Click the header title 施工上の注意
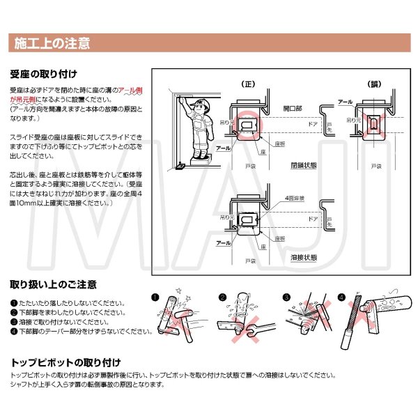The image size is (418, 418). [x=52, y=44]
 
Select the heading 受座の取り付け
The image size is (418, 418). [x=43, y=73]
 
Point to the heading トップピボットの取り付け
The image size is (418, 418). [x=66, y=362]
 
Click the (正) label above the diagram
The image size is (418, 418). [x=247, y=84]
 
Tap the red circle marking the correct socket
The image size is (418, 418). [x=247, y=124]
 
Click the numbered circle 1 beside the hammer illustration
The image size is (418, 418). [x=155, y=296]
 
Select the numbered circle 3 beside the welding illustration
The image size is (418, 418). [x=286, y=296]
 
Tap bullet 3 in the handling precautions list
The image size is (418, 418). [x=14, y=323]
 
